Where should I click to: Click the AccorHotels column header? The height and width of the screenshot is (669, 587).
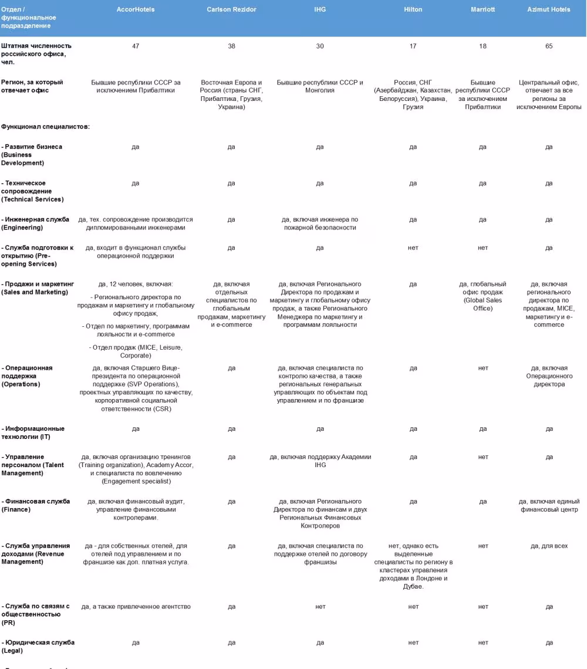pos(136,9)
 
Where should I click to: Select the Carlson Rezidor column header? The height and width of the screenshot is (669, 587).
pos(231,9)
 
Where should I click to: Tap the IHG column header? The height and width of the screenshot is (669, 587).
pos(319,9)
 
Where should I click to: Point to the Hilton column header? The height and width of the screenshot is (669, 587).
pos(413,9)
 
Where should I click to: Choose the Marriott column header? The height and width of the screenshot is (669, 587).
pos(483,9)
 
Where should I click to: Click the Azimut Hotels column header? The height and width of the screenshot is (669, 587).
pos(548,9)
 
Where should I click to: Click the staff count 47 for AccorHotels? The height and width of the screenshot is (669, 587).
pos(136,46)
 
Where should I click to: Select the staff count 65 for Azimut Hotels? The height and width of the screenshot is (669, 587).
pos(549,46)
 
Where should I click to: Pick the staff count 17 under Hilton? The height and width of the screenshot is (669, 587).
pos(413,46)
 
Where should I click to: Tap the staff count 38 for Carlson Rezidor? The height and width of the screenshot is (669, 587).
pos(231,46)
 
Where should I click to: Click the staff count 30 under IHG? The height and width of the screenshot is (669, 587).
pos(320,46)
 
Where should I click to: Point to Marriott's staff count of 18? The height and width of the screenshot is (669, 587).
pos(483,46)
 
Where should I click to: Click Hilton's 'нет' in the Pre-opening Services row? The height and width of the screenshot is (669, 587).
pos(413,248)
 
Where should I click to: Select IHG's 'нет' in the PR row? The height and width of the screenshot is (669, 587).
pos(320,606)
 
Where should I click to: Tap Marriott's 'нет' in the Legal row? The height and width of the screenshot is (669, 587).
pos(483,643)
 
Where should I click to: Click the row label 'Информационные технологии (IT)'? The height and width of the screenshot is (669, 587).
pos(34,433)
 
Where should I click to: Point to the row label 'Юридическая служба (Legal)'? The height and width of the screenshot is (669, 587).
pos(38,646)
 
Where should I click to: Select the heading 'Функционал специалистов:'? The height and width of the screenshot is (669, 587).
pos(45,127)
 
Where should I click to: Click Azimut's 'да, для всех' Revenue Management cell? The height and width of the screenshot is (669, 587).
pos(549,546)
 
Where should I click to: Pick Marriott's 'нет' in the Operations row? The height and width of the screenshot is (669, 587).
pos(483,368)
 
